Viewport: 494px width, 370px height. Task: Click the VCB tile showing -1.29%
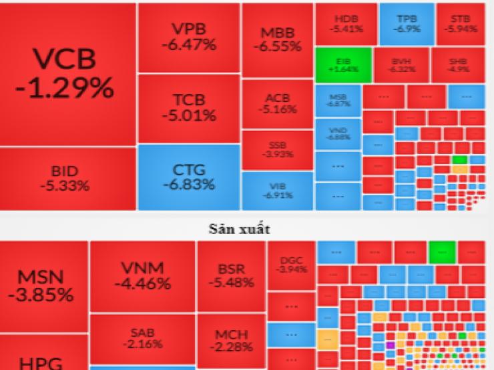[68, 75]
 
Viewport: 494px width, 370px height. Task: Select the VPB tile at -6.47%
[188, 37]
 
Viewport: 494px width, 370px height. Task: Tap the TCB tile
[188, 108]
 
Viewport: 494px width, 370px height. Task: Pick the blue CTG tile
[188, 177]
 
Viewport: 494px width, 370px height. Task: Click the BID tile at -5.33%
[68, 179]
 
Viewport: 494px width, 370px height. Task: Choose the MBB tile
[277, 40]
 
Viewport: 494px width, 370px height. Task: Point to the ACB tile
[277, 104]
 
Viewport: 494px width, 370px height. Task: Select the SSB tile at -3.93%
[277, 149]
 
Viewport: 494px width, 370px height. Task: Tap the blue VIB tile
[277, 190]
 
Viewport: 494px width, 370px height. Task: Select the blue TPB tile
[406, 23]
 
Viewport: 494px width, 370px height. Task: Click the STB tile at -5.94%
[460, 23]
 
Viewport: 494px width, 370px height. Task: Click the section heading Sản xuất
[247, 229]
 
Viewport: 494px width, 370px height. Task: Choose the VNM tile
[143, 275]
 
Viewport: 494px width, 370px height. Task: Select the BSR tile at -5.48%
[231, 275]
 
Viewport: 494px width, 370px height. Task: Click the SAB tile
[143, 339]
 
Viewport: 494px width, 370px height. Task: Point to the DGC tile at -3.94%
[291, 265]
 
